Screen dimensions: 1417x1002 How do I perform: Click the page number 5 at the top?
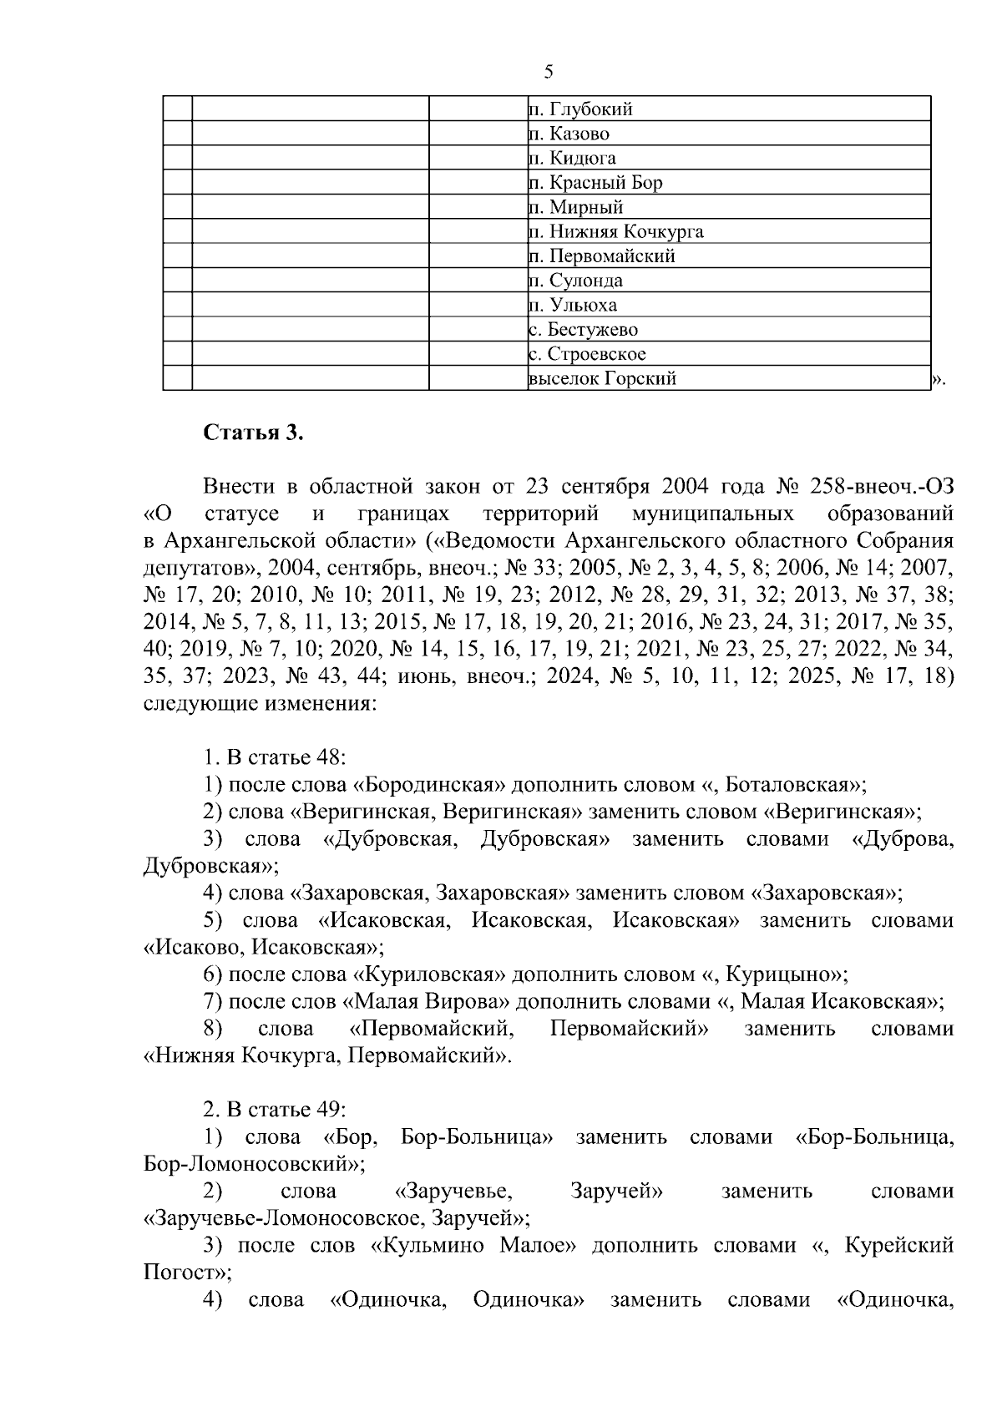coord(549,72)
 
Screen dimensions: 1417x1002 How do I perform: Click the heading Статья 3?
coord(253,434)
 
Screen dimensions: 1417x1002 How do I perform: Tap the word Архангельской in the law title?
coord(235,540)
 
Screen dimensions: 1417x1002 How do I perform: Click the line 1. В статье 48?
coord(275,758)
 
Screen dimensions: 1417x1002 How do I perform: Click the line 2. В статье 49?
coord(275,1110)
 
